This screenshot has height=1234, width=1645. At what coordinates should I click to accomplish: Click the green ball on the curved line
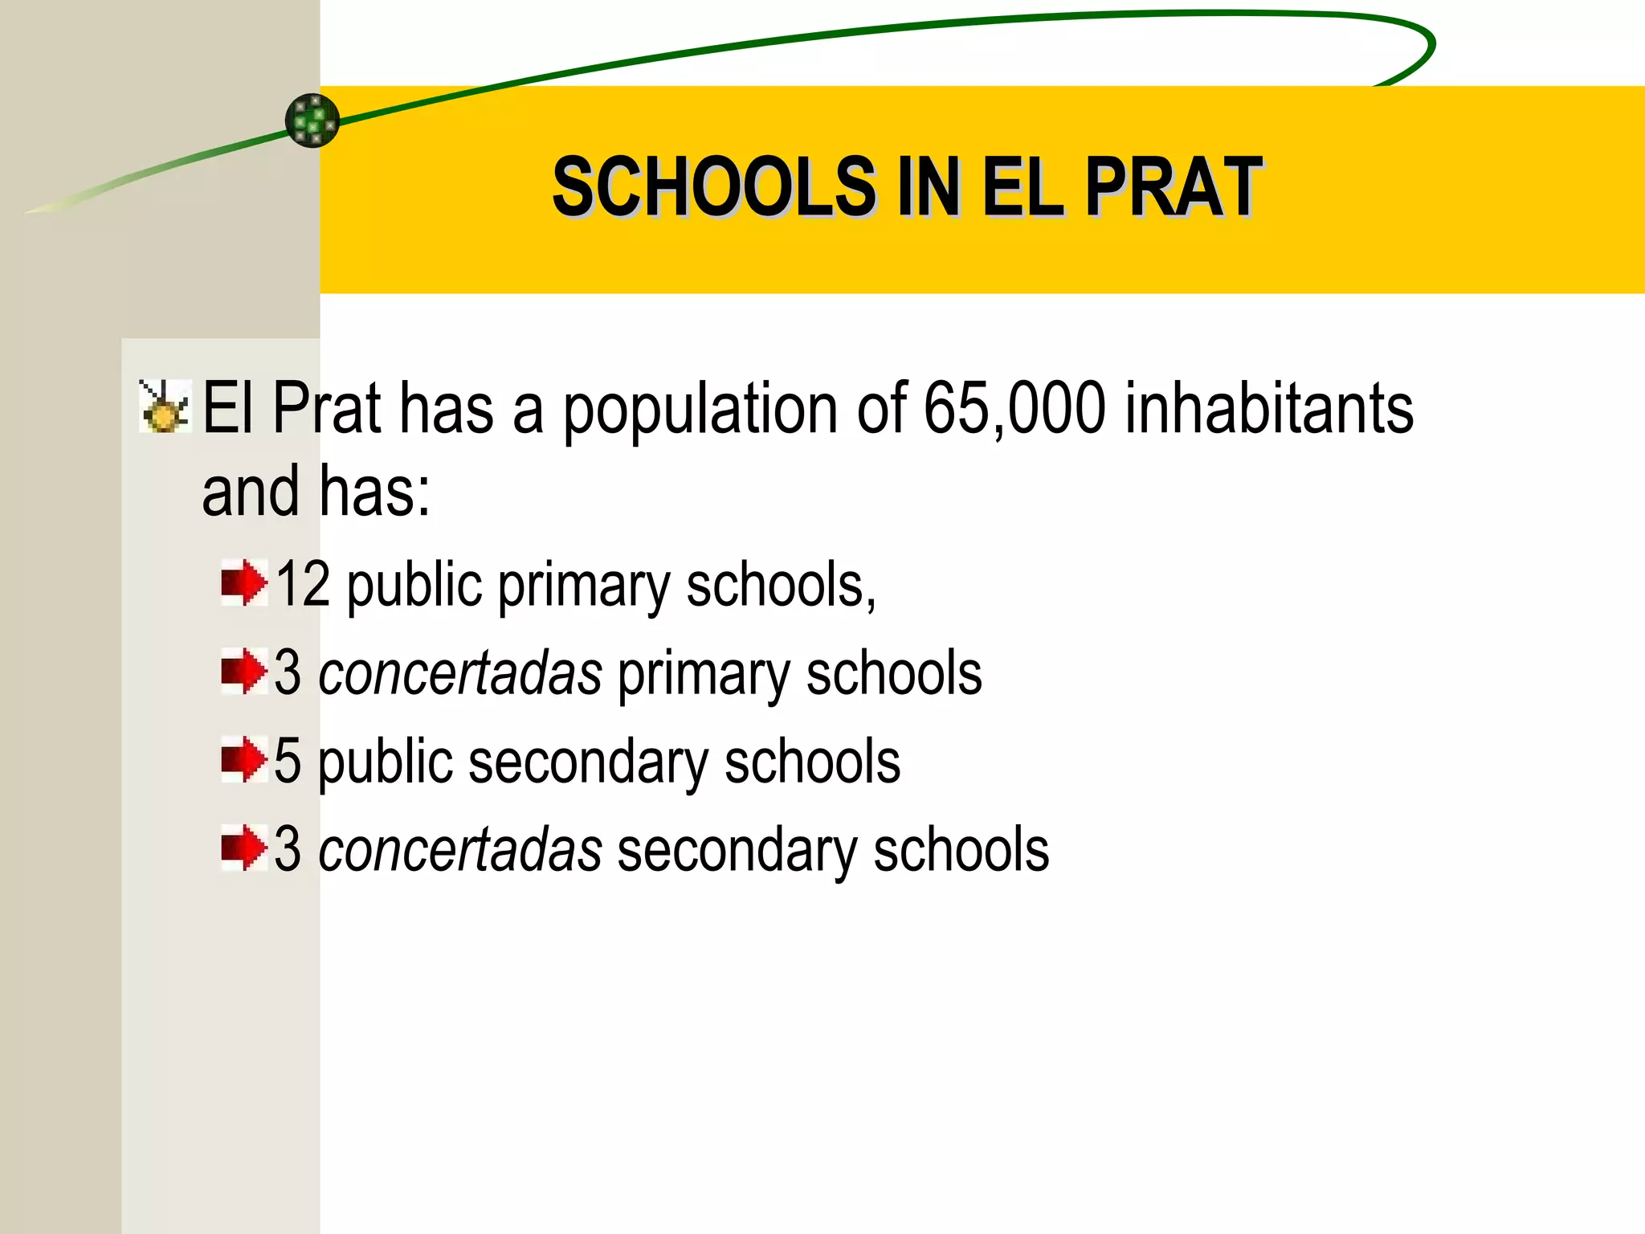[312, 121]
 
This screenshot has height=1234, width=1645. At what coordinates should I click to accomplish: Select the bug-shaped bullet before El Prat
[165, 407]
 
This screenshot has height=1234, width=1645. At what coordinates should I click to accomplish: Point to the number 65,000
[1014, 408]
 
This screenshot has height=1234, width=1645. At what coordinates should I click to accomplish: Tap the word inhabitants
[1268, 408]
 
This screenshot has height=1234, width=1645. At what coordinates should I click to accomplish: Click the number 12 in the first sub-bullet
[303, 584]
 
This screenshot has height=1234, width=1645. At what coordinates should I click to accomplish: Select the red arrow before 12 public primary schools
[243, 583]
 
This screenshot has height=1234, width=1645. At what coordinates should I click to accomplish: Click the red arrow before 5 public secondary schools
[243, 760]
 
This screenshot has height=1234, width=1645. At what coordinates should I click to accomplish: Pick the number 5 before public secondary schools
[287, 762]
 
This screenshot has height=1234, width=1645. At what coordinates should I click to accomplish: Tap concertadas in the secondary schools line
[460, 850]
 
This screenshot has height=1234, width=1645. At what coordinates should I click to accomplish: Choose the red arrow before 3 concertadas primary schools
[243, 672]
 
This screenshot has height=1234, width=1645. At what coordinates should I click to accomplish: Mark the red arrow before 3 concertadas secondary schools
[243, 848]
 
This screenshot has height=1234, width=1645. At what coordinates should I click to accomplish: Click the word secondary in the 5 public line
[588, 763]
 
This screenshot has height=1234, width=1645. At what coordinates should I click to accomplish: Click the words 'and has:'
[316, 491]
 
